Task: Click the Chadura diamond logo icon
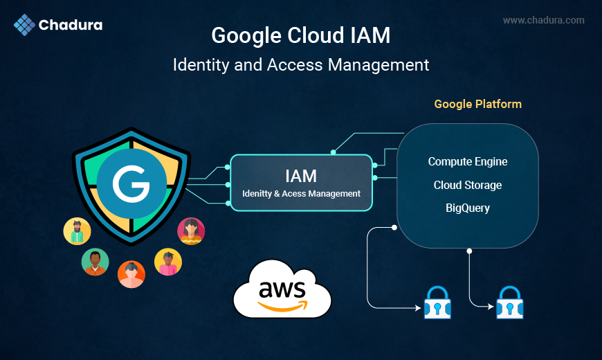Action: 24,25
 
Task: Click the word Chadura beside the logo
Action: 71,26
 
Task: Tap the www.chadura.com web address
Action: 543,20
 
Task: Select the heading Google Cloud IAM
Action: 300,36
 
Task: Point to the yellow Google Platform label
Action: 477,104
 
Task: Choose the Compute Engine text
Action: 468,161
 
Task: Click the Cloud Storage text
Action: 468,185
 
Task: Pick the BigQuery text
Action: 468,208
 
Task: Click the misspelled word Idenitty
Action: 257,194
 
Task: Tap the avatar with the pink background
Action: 191,231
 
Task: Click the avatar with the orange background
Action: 131,273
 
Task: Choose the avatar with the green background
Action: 95,262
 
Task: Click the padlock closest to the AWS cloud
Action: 437,302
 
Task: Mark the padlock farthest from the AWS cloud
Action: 509,302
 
